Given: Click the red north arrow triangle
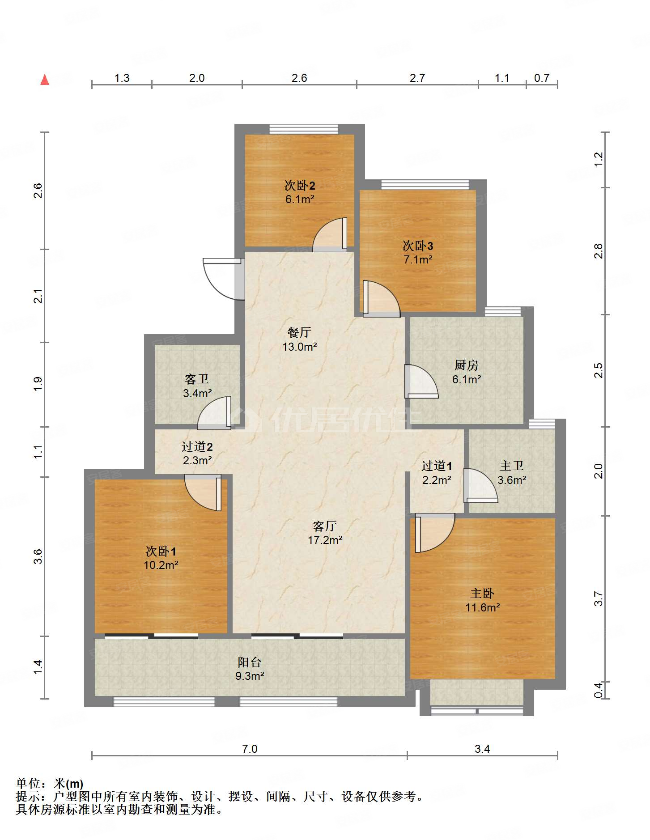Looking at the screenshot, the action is (x=45, y=80).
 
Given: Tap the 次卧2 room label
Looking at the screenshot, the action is (x=300, y=185).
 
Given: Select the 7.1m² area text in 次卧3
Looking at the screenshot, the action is (x=418, y=259).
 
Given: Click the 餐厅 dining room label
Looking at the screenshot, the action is (x=299, y=332).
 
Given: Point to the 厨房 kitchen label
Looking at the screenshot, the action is (x=467, y=365).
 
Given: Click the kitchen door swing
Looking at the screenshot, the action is (x=421, y=382).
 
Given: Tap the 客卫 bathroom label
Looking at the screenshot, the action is (x=197, y=379).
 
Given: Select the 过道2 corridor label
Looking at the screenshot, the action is (x=197, y=446).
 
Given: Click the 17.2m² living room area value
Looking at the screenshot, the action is (x=325, y=540).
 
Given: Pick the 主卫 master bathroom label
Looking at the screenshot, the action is (x=512, y=466).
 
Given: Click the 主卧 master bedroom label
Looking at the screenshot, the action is (x=482, y=593).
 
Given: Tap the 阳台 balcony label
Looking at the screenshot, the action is (x=250, y=662).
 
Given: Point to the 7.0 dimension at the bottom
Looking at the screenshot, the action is (x=250, y=749).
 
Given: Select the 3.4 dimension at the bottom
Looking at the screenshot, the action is (x=482, y=749).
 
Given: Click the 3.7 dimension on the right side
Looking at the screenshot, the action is (x=599, y=598).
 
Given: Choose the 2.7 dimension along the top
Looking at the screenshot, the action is (x=417, y=78).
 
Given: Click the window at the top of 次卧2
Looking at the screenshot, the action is (x=304, y=129).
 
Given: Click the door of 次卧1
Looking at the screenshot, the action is (x=203, y=492).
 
